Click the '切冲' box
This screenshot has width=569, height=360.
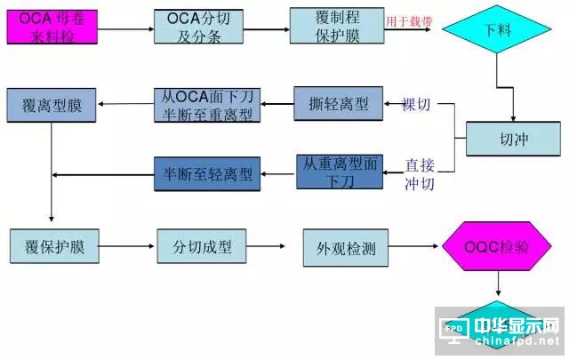point(513,139)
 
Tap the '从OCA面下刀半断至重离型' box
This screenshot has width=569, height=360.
point(205,104)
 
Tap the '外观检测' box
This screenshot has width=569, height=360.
point(346,248)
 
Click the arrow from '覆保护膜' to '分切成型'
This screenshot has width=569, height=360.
point(121,247)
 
